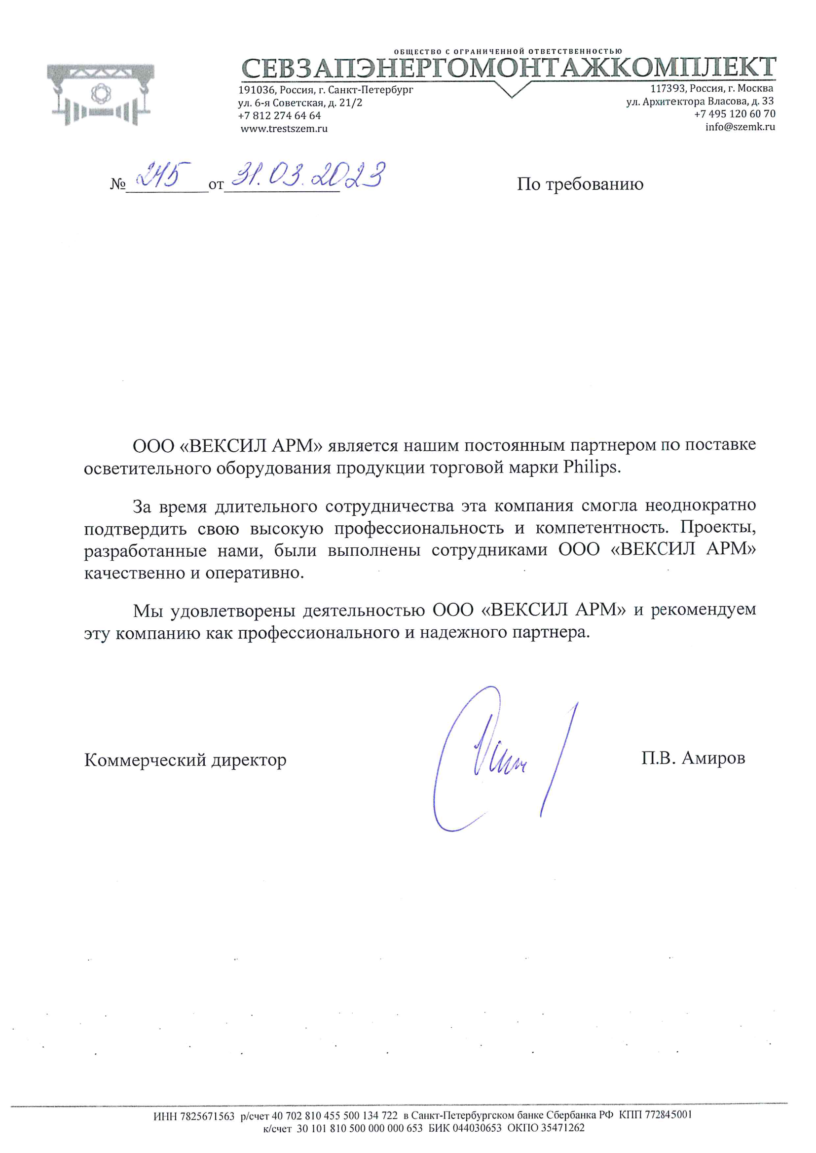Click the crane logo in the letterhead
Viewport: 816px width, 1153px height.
point(101,94)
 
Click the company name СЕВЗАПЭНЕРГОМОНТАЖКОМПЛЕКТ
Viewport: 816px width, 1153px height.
point(509,68)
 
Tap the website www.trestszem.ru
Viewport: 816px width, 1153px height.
point(284,129)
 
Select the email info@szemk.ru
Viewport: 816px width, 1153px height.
point(740,127)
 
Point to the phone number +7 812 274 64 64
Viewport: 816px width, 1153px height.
point(279,115)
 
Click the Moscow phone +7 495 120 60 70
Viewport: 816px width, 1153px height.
point(735,114)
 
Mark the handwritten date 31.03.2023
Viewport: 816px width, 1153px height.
point(307,176)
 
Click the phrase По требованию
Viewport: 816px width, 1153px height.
point(580,184)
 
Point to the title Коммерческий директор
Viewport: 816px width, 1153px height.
point(185,760)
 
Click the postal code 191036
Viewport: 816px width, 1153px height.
point(256,90)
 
